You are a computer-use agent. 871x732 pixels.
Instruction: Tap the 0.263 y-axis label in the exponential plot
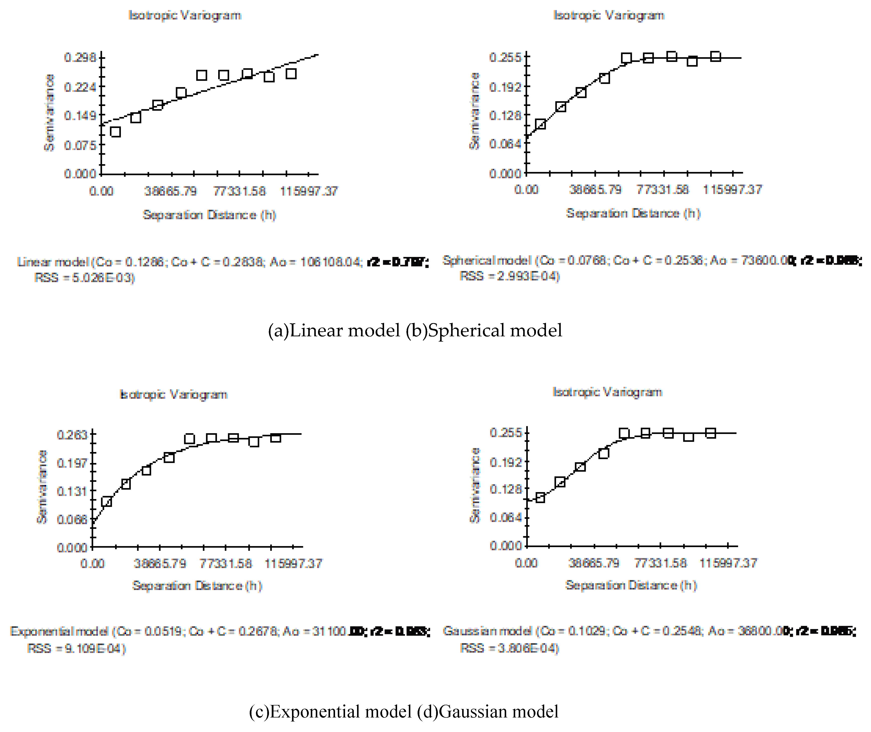[x=73, y=435]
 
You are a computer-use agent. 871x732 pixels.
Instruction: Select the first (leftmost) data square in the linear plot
[x=115, y=132]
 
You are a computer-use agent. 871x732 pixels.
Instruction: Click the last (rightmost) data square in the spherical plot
[x=715, y=56]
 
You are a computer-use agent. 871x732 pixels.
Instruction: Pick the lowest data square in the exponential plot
[x=107, y=502]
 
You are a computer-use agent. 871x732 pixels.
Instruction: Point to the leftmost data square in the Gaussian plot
[x=540, y=497]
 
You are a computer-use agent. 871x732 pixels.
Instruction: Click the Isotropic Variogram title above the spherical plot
[x=609, y=15]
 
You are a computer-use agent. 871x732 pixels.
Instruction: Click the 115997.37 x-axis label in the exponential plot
[x=293, y=563]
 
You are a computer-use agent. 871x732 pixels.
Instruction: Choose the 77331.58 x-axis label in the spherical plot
[x=662, y=190]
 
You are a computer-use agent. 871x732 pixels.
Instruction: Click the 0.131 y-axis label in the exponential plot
[x=73, y=491]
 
